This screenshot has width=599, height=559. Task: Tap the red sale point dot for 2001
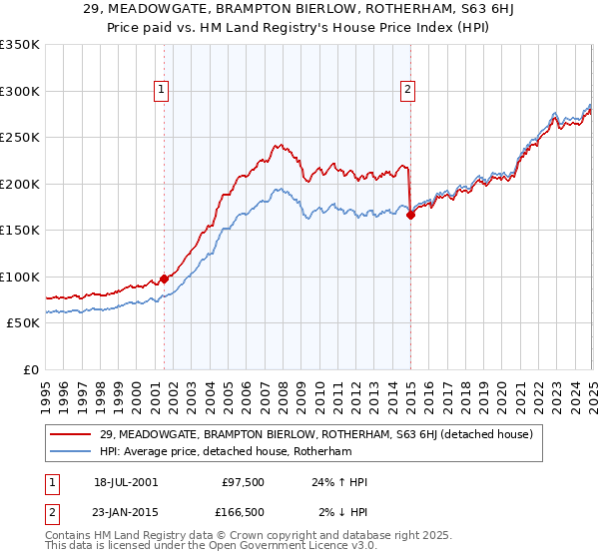(x=165, y=279)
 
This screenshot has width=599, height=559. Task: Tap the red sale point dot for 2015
(x=410, y=215)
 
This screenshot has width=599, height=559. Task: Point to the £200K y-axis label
(x=20, y=184)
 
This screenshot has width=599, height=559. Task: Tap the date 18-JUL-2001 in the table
(x=125, y=482)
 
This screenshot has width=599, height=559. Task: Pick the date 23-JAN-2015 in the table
(x=125, y=512)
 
